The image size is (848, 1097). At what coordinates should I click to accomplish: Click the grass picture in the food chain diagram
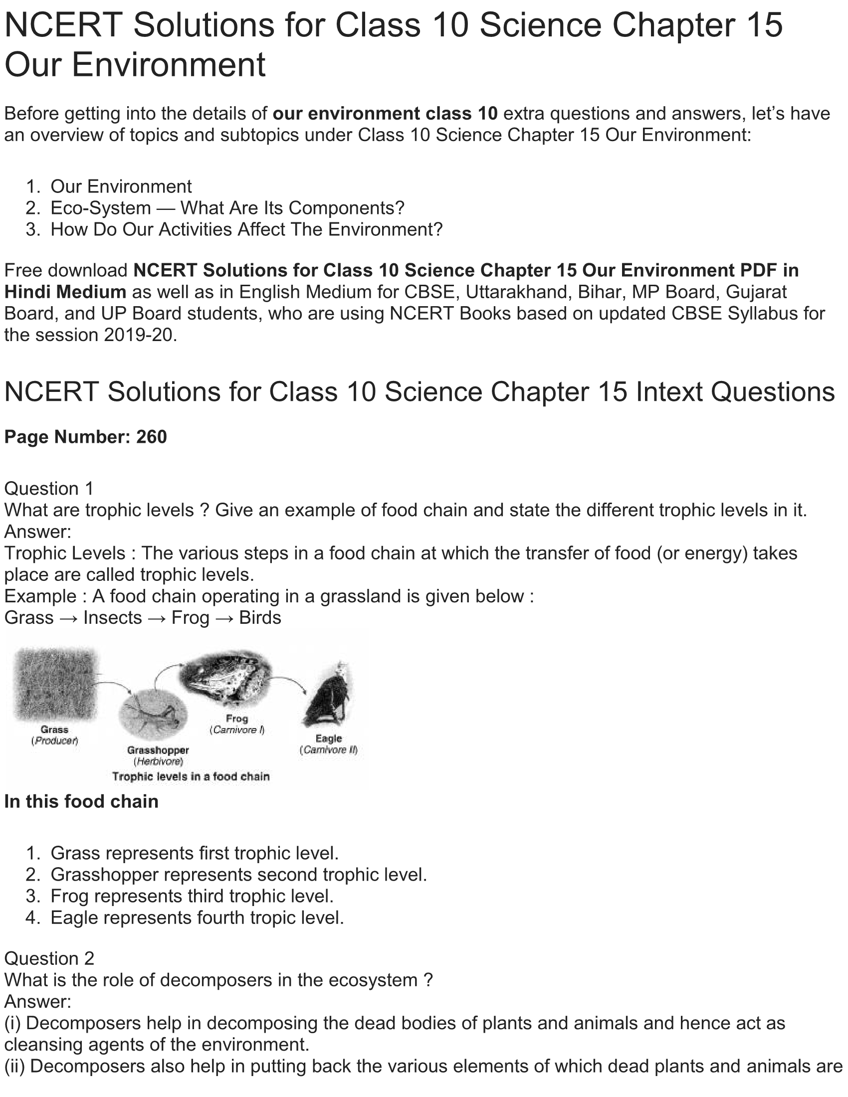55,683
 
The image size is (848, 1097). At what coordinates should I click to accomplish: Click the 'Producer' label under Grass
55,741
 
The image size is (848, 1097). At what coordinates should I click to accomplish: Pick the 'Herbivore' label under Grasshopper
158,761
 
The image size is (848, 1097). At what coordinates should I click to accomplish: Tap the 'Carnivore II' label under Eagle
329,750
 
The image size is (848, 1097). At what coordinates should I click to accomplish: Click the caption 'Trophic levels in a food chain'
191,776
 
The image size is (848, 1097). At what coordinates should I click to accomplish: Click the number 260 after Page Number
151,437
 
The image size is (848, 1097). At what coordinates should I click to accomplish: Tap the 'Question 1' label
49,489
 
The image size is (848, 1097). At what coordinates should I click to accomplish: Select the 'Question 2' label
49,958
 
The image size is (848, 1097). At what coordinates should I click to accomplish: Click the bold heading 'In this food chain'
81,802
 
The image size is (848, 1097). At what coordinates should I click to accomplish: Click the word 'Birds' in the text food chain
260,618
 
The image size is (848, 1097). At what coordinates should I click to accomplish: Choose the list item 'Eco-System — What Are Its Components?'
227,208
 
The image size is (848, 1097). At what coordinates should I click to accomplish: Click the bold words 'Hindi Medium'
65,292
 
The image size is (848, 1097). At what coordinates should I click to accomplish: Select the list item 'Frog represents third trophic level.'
192,896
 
